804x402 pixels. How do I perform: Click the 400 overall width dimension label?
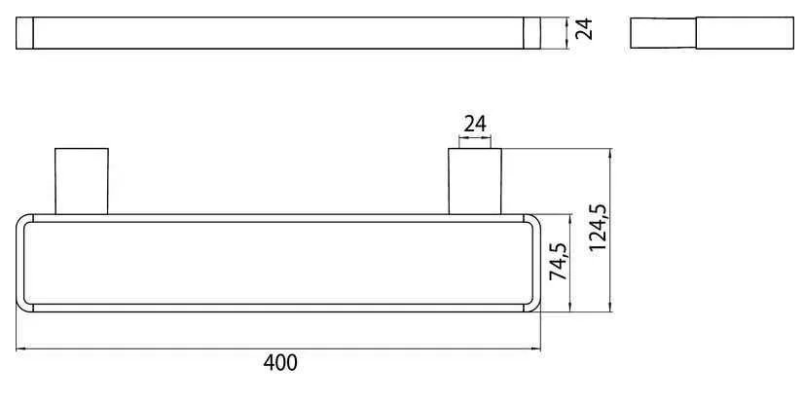coord(280,363)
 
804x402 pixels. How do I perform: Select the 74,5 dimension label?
coord(558,263)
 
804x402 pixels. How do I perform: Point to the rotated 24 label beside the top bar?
coord(584,32)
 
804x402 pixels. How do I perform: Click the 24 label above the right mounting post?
coord(474,124)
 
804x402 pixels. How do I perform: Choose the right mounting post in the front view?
coord(474,180)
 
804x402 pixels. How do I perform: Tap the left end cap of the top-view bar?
coord(25,32)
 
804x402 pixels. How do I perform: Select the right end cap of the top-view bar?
coord(531,32)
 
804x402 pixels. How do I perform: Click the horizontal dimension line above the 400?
coord(278,347)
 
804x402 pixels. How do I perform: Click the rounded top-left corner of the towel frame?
coord(22,220)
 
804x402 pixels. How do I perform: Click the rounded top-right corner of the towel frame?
coord(535,220)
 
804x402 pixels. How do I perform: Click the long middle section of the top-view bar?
coord(278,32)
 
